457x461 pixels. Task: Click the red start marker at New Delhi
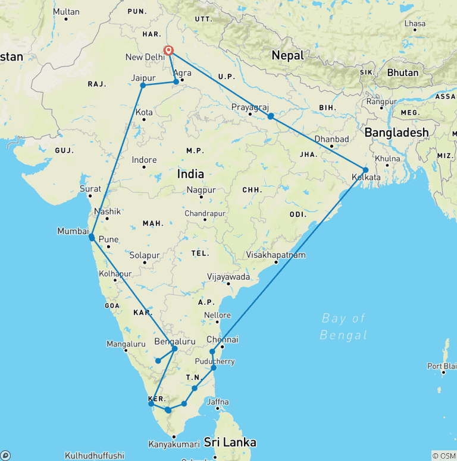169,51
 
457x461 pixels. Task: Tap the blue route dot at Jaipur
143,86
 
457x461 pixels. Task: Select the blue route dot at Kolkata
365,170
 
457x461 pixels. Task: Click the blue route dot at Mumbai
92,238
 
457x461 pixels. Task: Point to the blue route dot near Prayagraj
270,116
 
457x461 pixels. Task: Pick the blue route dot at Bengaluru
174,349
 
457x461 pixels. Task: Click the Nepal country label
287,55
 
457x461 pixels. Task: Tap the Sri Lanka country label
230,443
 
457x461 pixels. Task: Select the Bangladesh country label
396,132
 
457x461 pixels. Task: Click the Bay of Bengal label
343,327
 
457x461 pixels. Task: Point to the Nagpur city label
201,190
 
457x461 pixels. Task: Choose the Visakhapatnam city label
276,255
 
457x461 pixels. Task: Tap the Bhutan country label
402,72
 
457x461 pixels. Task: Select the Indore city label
144,160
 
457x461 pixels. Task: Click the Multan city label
66,11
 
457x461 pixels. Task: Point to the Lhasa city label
415,24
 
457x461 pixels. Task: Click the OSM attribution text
444,456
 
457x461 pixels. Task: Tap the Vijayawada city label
228,277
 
